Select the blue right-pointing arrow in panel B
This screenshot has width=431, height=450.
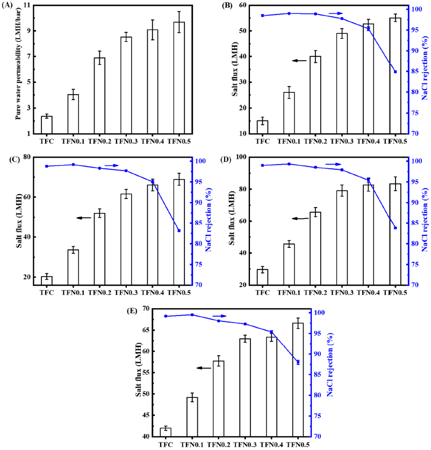[335, 13]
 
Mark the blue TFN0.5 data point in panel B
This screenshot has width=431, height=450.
[396, 72]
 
